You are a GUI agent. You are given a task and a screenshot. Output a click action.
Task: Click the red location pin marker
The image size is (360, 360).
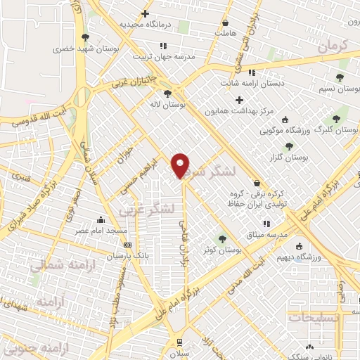(x=181, y=167)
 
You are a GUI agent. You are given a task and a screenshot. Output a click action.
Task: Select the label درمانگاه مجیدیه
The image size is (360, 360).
(x=146, y=24)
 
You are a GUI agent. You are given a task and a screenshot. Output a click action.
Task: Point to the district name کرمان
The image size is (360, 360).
(x=333, y=47)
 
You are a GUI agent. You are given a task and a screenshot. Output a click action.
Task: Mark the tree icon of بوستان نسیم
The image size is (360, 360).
(x=340, y=77)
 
